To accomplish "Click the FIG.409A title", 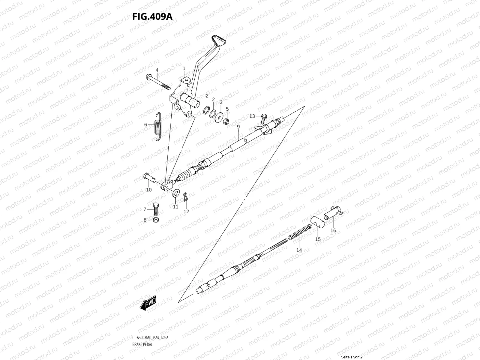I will [152, 16].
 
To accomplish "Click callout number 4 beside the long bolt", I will [157, 70].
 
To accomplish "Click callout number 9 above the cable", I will [238, 127].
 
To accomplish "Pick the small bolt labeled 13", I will [263, 118].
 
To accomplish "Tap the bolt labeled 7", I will [155, 209].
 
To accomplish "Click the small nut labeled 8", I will [156, 220].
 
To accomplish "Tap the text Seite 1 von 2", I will [352, 357].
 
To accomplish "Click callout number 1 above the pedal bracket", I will [184, 68].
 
